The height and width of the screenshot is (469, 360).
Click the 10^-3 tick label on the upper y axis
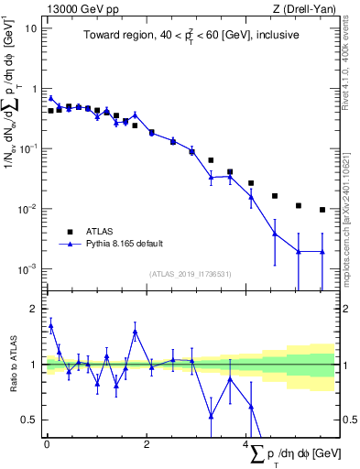[x=27, y=269]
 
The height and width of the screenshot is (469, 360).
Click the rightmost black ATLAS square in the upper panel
[x=322, y=210]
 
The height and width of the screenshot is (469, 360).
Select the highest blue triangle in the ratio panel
[x=51, y=324]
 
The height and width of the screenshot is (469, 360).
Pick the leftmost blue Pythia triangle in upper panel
[x=51, y=98]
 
